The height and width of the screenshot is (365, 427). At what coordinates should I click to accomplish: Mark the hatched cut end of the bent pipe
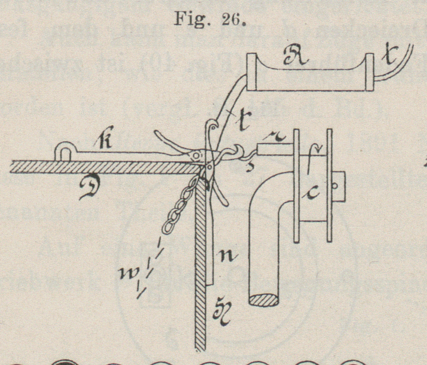pyautogui.click(x=264, y=300)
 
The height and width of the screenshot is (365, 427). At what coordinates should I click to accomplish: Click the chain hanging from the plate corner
pyautogui.click(x=179, y=207)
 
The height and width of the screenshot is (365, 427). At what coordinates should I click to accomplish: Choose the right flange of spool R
pyautogui.click(x=369, y=72)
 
